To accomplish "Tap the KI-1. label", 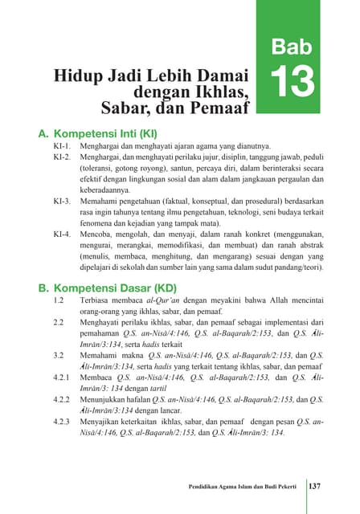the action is point(63,147).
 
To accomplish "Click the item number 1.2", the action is point(58,301).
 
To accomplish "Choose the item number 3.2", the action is point(58,353).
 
